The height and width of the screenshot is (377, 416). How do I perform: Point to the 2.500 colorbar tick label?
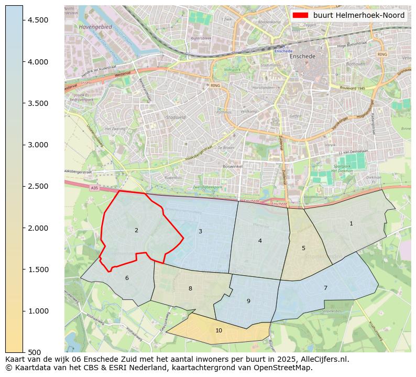pos(37,186)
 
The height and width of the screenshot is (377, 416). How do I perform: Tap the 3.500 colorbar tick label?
pos(37,103)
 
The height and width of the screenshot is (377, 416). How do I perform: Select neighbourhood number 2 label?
pos(136,230)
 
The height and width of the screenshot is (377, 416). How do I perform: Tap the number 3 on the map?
pos(200,231)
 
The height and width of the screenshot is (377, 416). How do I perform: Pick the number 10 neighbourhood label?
pos(218,330)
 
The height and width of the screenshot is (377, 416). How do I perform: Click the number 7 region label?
pos(325,288)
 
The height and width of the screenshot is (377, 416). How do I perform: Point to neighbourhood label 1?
pos(351,223)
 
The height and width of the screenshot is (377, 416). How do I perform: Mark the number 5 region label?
pos(303,248)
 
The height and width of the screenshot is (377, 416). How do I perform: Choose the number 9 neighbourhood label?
pos(248,301)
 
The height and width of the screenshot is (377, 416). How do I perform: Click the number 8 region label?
pos(190,288)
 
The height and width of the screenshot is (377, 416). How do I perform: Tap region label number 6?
pos(127,278)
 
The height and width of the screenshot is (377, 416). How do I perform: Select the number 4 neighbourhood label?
pos(260,241)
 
